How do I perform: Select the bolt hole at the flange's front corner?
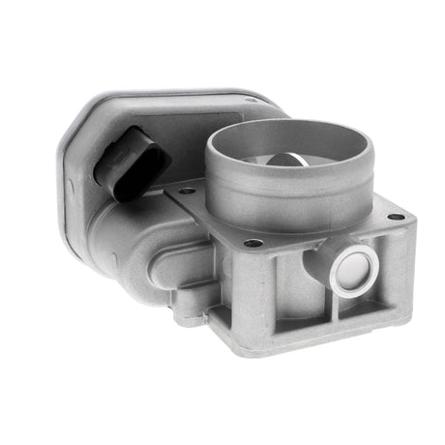pyautogui.click(x=253, y=243)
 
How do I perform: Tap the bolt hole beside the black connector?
pyautogui.click(x=185, y=192)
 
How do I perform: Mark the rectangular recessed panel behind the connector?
pyautogui.click(x=174, y=126)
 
